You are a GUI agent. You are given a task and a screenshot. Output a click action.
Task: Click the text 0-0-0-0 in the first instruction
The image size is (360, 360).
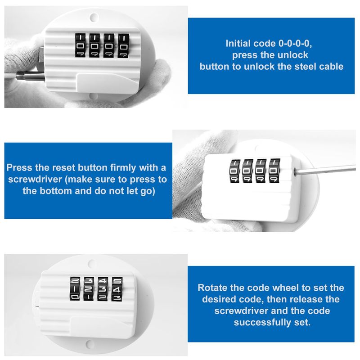tap(295, 44)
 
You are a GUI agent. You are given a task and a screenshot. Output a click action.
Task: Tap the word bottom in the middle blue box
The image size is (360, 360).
tap(56, 191)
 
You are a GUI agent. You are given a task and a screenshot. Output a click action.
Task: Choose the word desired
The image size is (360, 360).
tap(219, 299)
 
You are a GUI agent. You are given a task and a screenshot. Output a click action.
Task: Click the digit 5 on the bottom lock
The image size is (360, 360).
tap(117, 281)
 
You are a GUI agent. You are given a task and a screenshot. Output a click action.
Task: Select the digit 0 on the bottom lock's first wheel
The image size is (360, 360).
tap(75, 297)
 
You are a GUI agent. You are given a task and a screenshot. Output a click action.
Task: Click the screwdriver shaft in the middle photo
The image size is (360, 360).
tap(324, 170)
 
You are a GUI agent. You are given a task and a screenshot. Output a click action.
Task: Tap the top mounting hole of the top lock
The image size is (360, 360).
tap(94, 17)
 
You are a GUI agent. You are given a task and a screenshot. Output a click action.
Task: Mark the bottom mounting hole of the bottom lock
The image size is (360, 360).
tap(90, 344)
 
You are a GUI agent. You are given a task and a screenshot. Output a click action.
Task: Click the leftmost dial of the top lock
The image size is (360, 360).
tap(80, 46)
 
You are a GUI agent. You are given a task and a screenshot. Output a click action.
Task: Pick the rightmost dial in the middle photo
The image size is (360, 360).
tap(274, 171)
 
